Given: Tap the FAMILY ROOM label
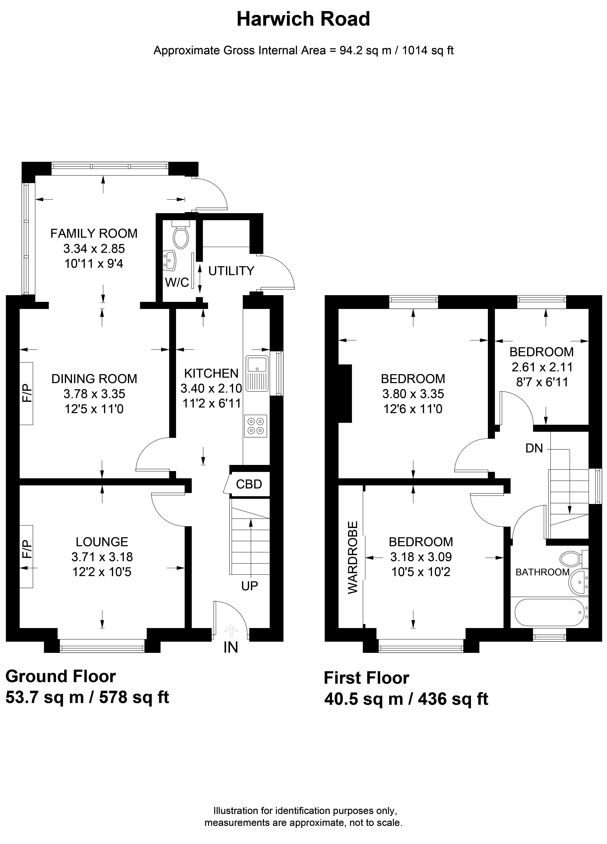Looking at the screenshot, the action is [94, 233].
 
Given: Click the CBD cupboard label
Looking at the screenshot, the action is [249, 484].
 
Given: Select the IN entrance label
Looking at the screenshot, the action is [231, 648].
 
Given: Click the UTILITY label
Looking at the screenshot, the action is [231, 271].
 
